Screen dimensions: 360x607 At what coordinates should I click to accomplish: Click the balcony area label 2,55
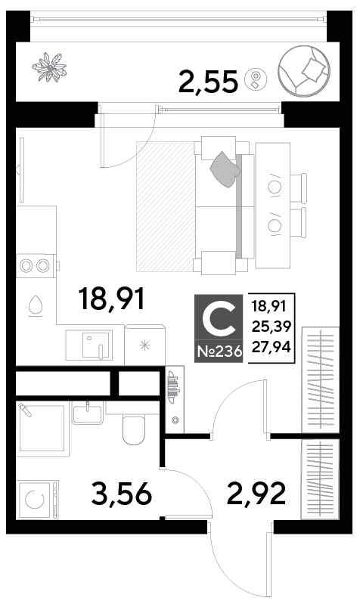click(208, 82)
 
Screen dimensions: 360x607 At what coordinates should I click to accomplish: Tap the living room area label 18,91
click(111, 299)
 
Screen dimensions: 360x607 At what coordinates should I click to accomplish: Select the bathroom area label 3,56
click(121, 494)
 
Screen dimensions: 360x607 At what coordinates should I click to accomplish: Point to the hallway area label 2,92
click(256, 493)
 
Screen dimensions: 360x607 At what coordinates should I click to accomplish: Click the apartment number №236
click(219, 352)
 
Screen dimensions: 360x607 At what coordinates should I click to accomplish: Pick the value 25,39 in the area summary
click(272, 327)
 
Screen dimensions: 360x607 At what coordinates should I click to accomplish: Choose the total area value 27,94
click(272, 347)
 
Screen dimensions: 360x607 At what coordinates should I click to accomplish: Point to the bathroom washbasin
click(88, 412)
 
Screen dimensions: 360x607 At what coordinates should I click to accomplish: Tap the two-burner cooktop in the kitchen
click(36, 265)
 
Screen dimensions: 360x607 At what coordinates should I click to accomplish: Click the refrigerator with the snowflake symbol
click(145, 345)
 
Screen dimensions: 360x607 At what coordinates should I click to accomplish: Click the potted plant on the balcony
click(50, 67)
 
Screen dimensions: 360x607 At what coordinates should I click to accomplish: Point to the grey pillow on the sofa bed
click(225, 169)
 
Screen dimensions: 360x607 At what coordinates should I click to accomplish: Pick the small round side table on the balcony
click(256, 79)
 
